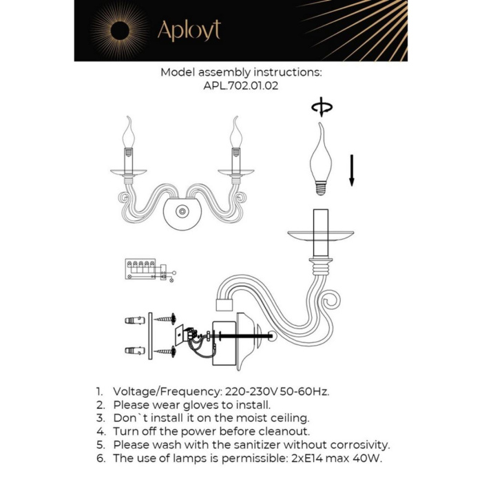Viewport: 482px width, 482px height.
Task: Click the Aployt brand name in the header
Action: point(189,30)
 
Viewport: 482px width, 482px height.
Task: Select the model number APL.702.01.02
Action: point(240,87)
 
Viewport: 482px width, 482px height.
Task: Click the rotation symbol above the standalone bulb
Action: point(321,107)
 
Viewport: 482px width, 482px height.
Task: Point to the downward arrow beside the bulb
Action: point(351,170)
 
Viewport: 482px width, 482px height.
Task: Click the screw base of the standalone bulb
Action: point(320,187)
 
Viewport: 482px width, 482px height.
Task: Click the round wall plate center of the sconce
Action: point(182,212)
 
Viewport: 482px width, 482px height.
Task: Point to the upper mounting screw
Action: point(165,319)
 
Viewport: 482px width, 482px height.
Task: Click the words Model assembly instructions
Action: point(241,72)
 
